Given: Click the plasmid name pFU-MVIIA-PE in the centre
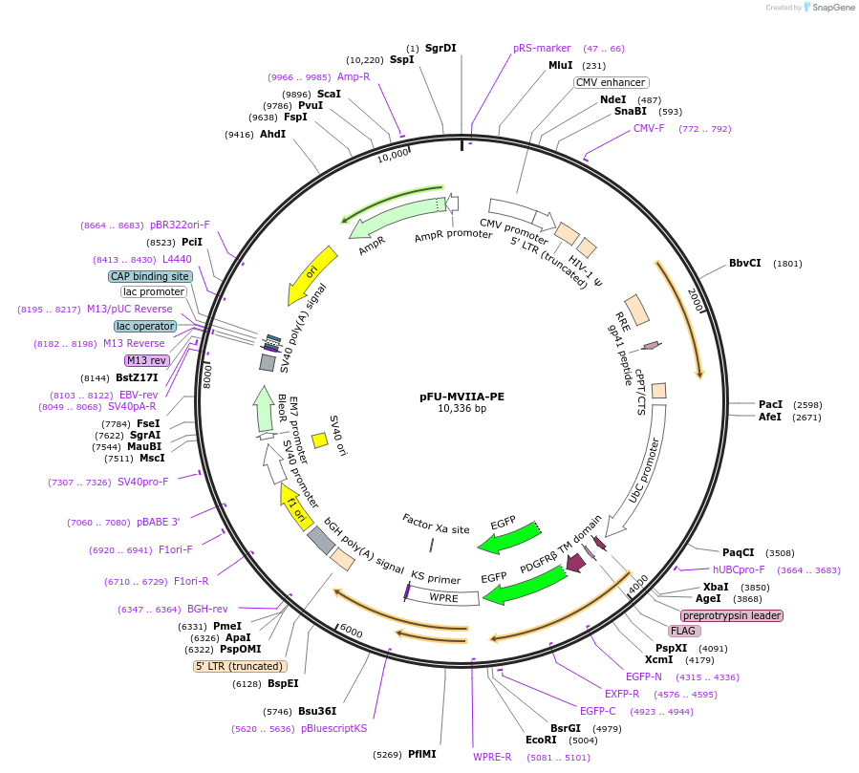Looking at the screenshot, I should click(x=462, y=395).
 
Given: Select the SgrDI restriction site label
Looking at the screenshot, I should click(x=440, y=48).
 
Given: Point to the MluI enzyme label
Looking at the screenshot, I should click(x=560, y=65).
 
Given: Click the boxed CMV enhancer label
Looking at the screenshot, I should click(x=611, y=82).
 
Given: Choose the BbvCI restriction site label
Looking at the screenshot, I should click(x=745, y=263).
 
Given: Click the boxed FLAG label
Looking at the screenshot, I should click(x=683, y=631).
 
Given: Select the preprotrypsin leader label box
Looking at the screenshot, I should click(x=732, y=615).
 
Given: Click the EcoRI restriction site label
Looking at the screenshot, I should click(x=541, y=740).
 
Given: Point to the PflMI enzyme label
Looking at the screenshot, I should click(x=421, y=754).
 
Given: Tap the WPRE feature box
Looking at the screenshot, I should click(x=444, y=598).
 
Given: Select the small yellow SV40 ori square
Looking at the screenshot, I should click(x=320, y=440).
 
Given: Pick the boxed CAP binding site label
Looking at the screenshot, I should click(x=150, y=276).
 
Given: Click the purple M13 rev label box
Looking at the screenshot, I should click(x=146, y=360).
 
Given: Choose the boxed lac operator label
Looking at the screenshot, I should click(x=145, y=326).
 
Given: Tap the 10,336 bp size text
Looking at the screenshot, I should click(x=462, y=408).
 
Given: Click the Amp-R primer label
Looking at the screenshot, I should click(x=354, y=76).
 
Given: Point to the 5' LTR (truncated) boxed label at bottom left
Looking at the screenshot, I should click(x=240, y=666).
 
